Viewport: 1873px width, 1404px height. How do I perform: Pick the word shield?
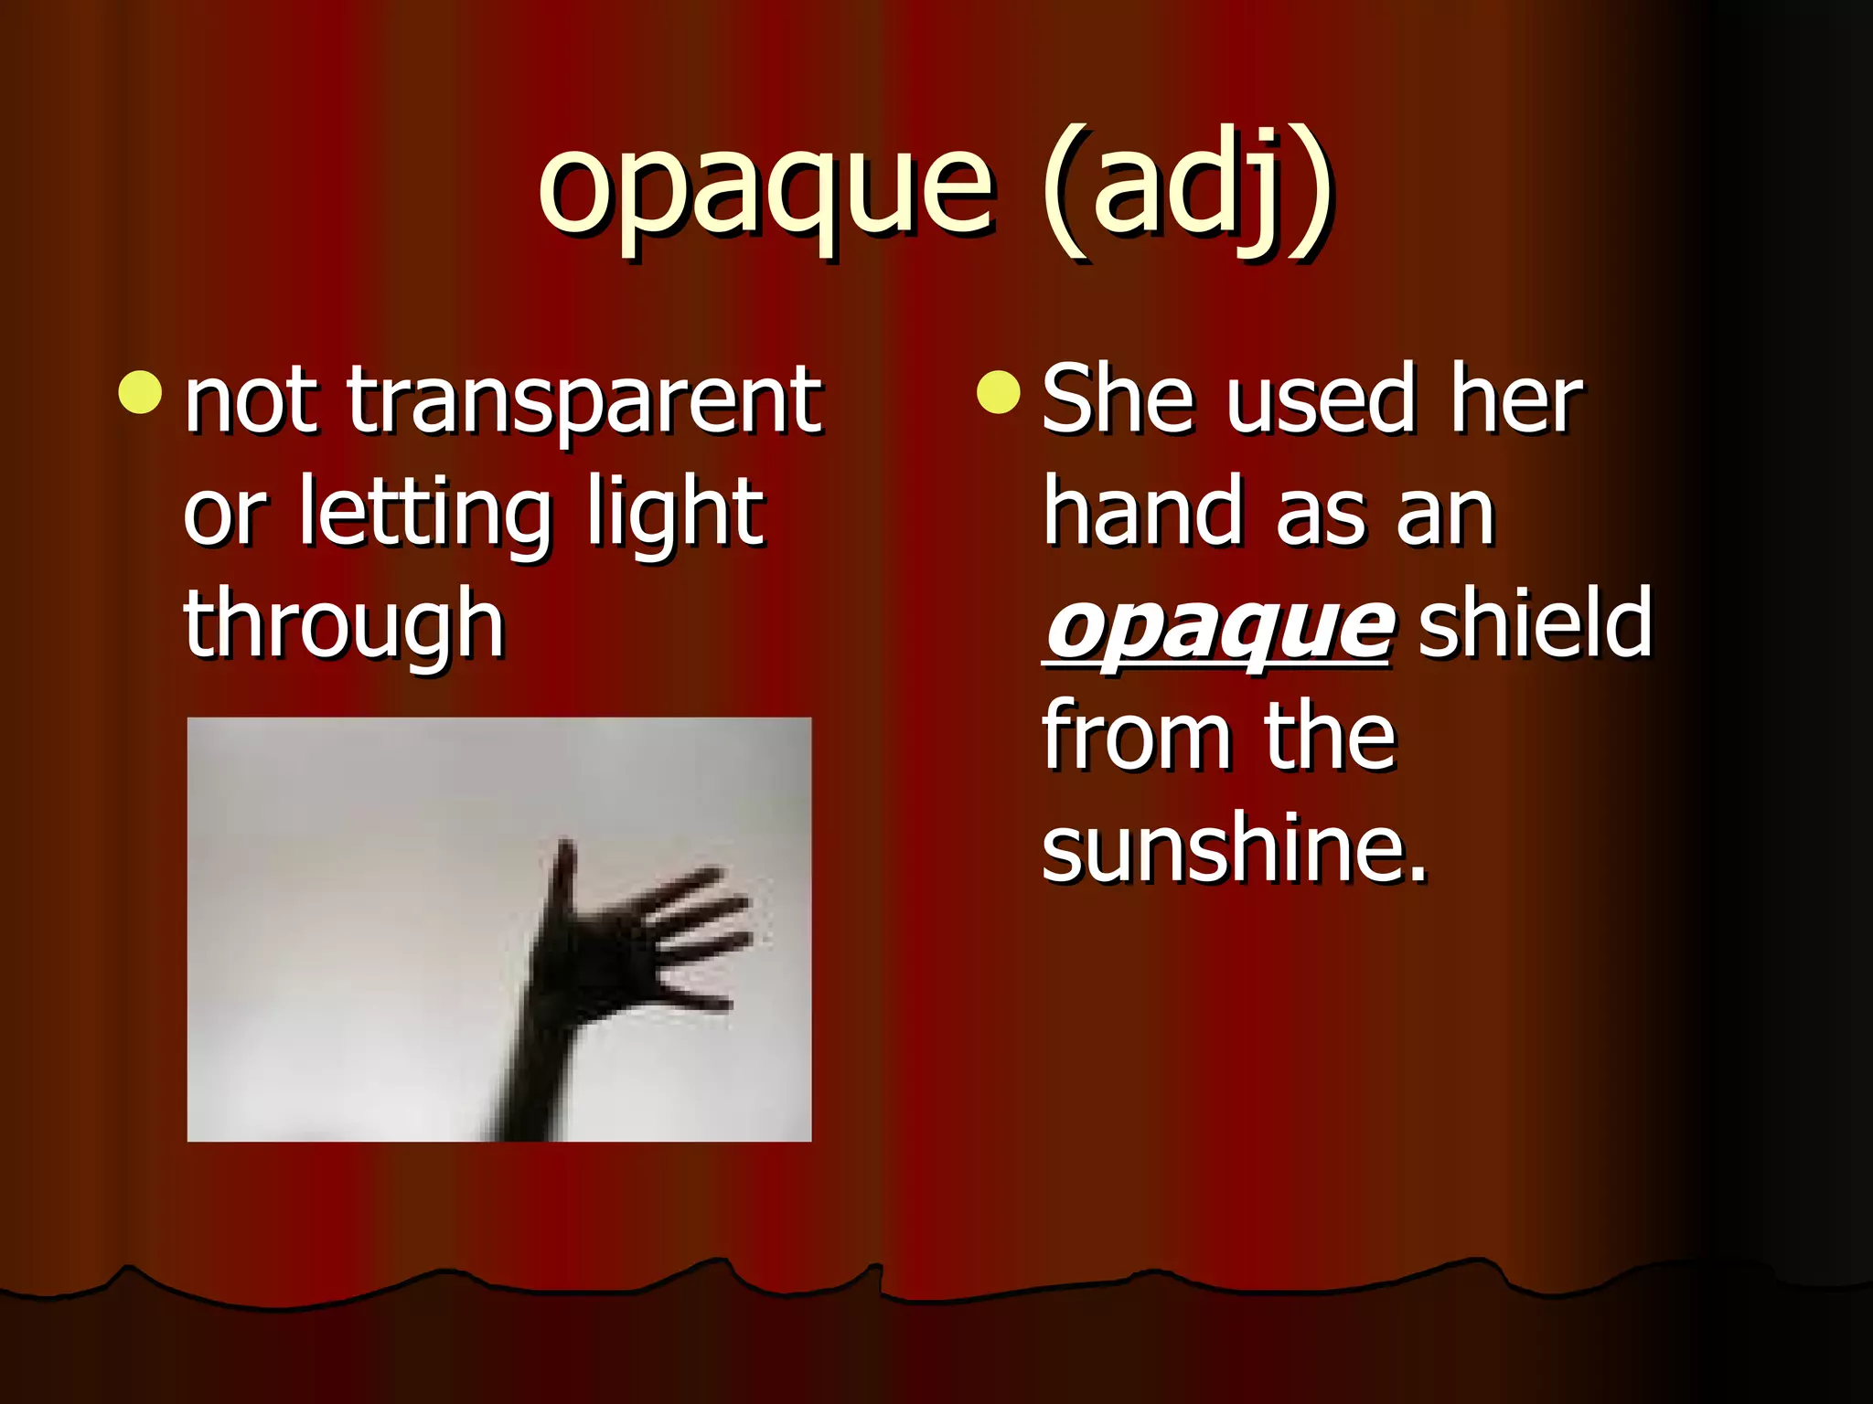click(x=1535, y=623)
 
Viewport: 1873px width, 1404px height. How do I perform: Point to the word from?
click(x=1134, y=737)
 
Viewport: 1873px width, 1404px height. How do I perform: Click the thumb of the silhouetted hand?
click(x=563, y=877)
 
